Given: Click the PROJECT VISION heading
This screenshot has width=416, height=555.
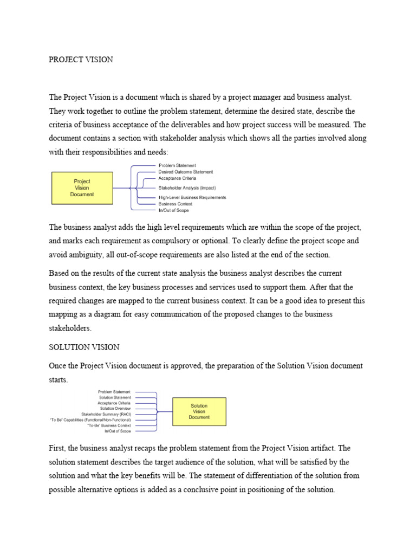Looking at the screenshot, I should (x=81, y=60).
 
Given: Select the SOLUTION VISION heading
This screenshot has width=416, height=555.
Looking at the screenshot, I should (x=84, y=346).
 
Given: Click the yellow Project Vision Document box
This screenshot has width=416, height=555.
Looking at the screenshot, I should (x=82, y=188).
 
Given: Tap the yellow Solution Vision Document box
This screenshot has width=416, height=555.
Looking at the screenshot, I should (x=199, y=411).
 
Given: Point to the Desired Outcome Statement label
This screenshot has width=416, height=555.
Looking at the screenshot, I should (x=185, y=172).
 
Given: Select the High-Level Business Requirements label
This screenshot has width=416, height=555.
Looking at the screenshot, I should (x=192, y=197).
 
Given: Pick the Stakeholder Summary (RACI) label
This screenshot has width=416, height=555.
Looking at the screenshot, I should (x=106, y=414).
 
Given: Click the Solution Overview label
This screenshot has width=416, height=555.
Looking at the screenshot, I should (x=115, y=408).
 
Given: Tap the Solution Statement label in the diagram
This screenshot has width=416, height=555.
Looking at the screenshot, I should (x=114, y=397).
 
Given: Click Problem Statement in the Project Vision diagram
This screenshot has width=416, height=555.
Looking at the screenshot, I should (x=177, y=165).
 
